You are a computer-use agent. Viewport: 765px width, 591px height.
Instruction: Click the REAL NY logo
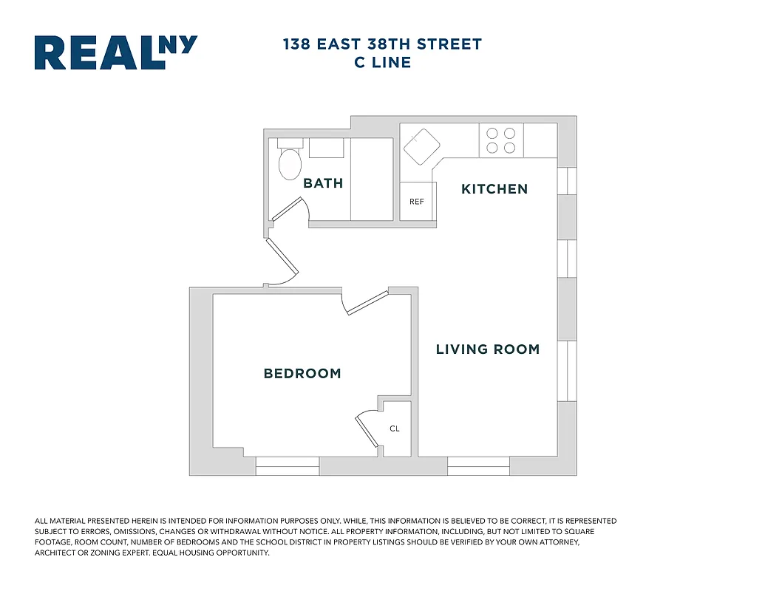click(116, 52)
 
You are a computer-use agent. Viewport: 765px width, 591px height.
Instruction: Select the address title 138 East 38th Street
click(382, 44)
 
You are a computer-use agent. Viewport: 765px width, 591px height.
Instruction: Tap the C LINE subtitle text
click(382, 63)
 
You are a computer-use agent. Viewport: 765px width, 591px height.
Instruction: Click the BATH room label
click(323, 183)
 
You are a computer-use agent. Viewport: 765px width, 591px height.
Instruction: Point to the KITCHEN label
click(494, 189)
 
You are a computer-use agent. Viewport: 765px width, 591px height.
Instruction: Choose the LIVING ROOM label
click(487, 349)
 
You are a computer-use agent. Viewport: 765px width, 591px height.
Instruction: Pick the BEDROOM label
click(302, 374)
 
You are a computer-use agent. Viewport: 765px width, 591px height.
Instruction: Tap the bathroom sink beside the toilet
click(326, 148)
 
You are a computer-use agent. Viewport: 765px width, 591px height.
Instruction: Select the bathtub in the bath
click(371, 179)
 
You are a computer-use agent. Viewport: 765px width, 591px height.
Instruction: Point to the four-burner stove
click(501, 141)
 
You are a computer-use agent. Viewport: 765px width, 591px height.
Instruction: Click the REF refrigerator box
click(417, 202)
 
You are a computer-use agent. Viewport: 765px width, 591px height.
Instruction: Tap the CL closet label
click(395, 428)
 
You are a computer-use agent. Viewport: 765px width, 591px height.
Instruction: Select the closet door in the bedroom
click(367, 429)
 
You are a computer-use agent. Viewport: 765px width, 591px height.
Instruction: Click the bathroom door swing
click(290, 212)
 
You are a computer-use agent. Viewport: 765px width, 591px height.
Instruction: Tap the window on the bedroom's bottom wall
click(288, 466)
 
